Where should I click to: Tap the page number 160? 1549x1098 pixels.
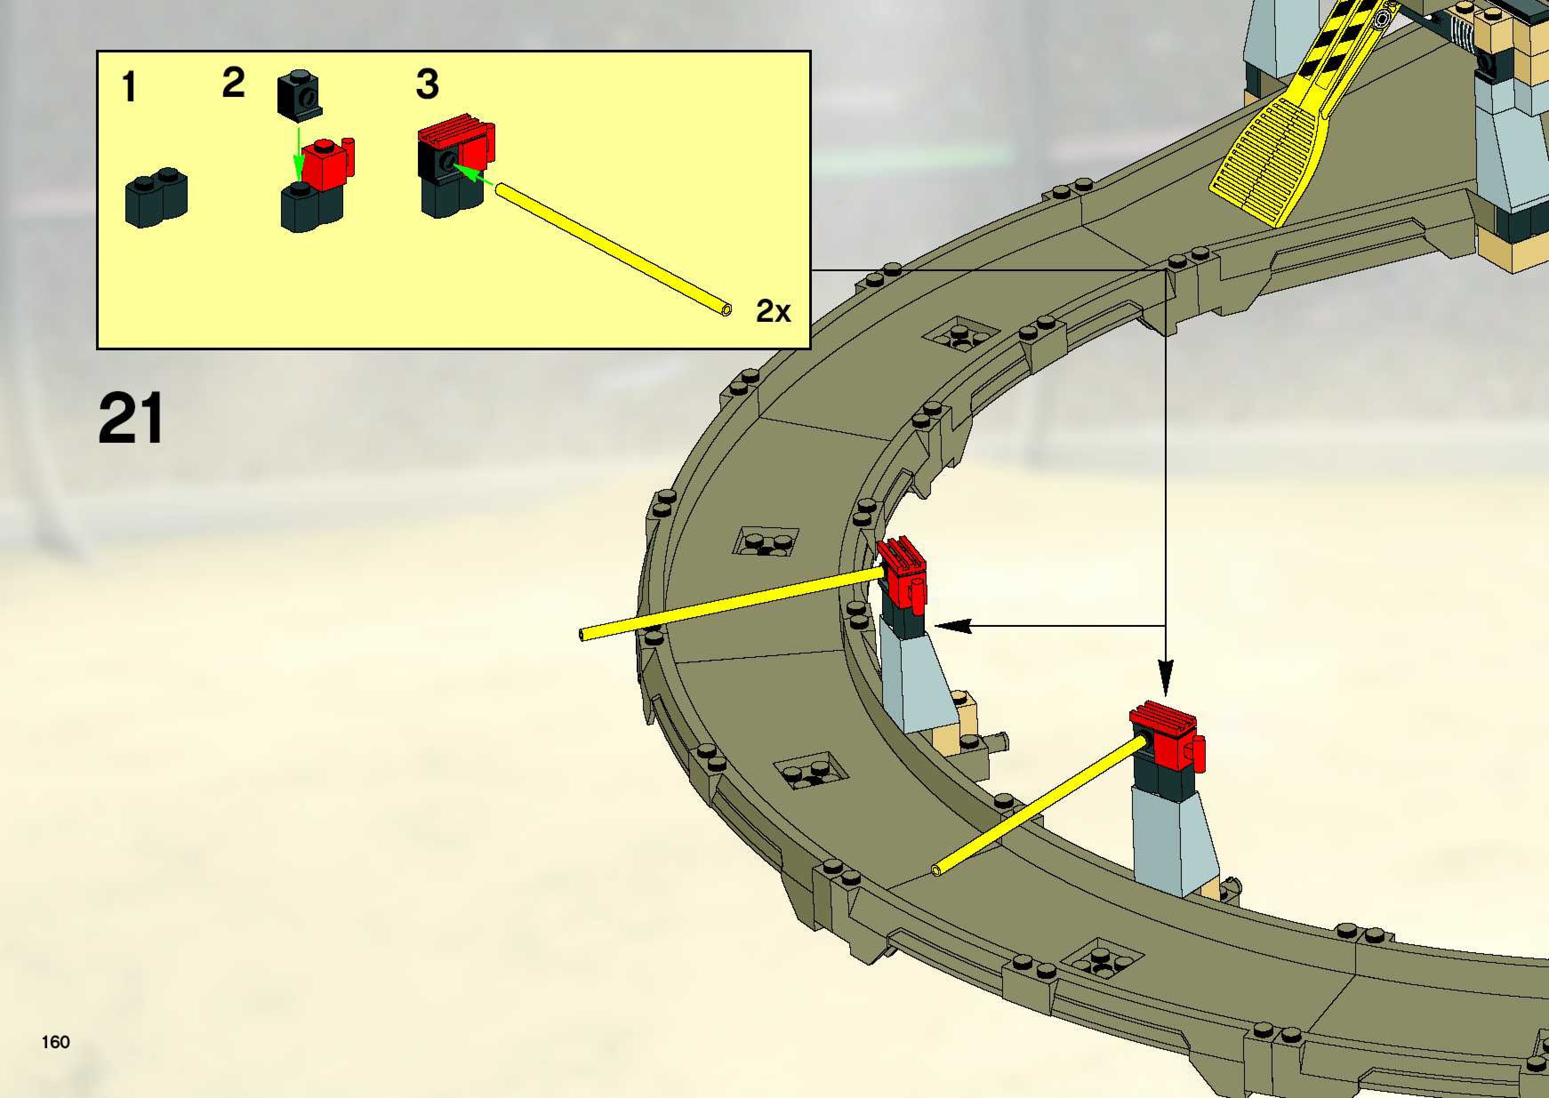(x=56, y=1042)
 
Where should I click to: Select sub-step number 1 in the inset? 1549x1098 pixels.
(x=128, y=88)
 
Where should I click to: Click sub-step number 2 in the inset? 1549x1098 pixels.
(x=233, y=83)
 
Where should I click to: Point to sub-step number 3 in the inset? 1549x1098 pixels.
(x=427, y=84)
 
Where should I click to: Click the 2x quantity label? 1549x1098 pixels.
(x=773, y=311)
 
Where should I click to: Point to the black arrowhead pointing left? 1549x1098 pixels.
(x=953, y=625)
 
